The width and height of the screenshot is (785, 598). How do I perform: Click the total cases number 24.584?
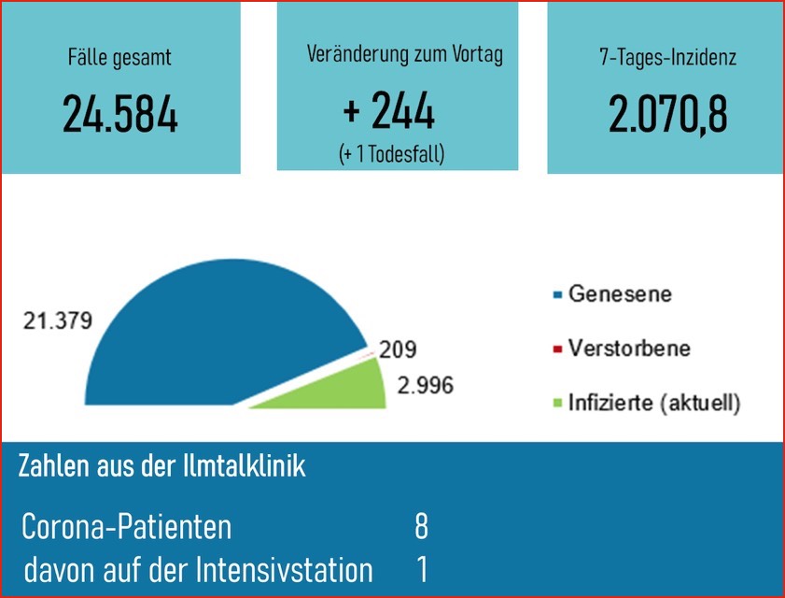coord(120,113)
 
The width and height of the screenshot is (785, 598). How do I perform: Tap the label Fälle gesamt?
coord(120,58)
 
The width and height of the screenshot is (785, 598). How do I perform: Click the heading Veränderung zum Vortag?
coord(404,55)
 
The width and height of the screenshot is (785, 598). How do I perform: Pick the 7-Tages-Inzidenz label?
coord(667,58)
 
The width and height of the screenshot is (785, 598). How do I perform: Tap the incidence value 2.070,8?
coord(667,113)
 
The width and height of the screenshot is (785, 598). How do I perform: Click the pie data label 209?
coord(398,350)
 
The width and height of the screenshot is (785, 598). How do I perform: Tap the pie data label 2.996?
coord(425,384)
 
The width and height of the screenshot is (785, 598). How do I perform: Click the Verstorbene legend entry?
coord(629,349)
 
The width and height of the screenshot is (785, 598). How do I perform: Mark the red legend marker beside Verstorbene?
coord(557,350)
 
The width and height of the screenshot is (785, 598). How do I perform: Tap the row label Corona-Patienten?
coord(127,527)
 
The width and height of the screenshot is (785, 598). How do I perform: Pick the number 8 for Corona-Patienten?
coord(421,527)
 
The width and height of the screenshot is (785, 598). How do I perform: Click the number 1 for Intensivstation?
coord(421,569)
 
